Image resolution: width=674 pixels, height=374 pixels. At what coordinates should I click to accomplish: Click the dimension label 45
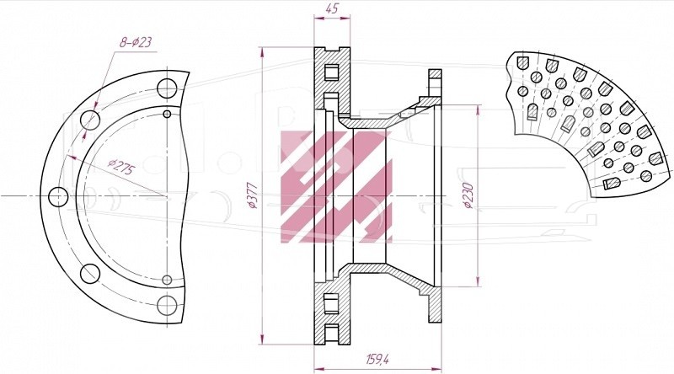[332, 8]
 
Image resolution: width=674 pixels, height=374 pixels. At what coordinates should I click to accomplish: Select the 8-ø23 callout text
[136, 42]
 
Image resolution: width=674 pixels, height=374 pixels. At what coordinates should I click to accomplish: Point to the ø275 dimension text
[120, 167]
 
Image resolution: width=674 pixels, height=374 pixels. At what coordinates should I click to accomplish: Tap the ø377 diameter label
[252, 195]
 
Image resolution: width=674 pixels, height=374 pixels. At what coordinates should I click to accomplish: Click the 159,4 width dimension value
[377, 359]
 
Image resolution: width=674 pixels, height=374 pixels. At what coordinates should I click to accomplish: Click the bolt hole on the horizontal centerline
[58, 197]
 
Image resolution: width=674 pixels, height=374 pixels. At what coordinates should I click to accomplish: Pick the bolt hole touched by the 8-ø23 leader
[90, 120]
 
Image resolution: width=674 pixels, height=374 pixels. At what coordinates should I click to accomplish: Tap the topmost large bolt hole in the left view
[167, 88]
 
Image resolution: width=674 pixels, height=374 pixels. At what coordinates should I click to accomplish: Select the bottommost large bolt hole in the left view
[167, 305]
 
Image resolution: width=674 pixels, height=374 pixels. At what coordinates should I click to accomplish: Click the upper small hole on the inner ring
[167, 114]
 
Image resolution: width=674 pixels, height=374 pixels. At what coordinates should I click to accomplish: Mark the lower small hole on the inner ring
[167, 280]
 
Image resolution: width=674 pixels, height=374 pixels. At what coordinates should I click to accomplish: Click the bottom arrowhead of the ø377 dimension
[261, 339]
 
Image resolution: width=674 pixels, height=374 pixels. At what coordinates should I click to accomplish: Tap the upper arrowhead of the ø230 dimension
[478, 110]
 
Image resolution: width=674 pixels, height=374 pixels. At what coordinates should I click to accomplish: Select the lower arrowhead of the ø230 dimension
[478, 281]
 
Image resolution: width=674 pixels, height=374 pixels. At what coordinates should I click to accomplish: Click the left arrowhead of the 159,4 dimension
[320, 369]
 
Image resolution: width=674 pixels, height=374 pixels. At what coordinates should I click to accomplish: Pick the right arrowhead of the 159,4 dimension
[436, 369]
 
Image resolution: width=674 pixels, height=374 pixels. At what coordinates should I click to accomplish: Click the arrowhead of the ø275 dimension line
[72, 158]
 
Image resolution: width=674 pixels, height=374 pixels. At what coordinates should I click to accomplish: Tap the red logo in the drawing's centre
[336, 186]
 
